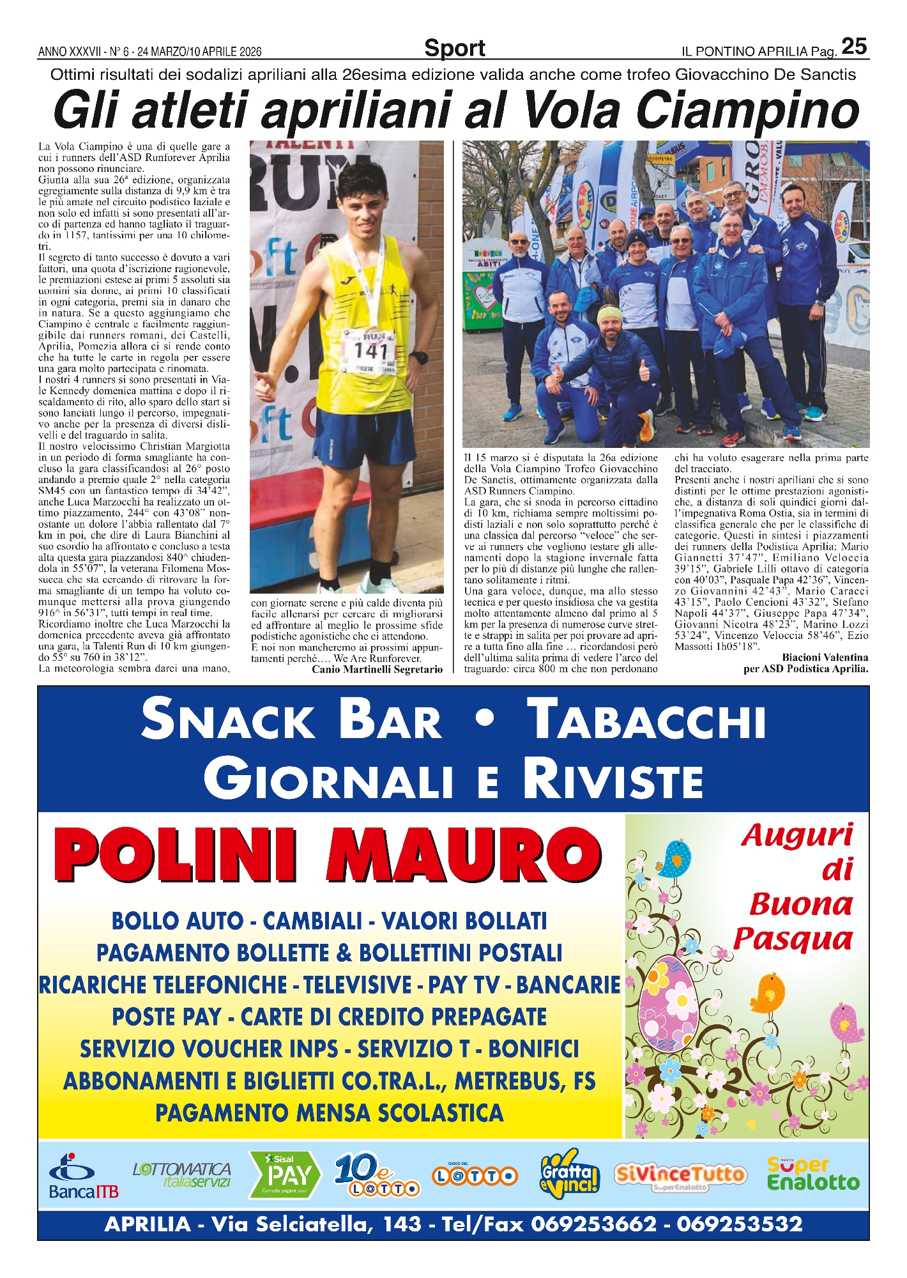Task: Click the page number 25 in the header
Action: pyautogui.click(x=854, y=47)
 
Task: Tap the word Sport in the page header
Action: pyautogui.click(x=454, y=49)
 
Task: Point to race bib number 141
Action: pyautogui.click(x=370, y=350)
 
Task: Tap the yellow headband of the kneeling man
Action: pyautogui.click(x=609, y=314)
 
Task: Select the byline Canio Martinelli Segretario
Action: pyautogui.click(x=377, y=669)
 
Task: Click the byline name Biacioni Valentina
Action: pyautogui.click(x=825, y=657)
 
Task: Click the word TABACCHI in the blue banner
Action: pyautogui.click(x=648, y=720)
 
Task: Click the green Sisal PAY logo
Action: pyautogui.click(x=284, y=1174)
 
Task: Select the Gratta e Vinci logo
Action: pyautogui.click(x=569, y=1173)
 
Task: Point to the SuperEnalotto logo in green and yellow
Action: pyautogui.click(x=812, y=1174)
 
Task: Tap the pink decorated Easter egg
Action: pyautogui.click(x=668, y=1003)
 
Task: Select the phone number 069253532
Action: pyautogui.click(x=739, y=1224)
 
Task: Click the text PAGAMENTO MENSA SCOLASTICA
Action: pyautogui.click(x=329, y=1112)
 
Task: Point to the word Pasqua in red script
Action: pyautogui.click(x=793, y=939)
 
